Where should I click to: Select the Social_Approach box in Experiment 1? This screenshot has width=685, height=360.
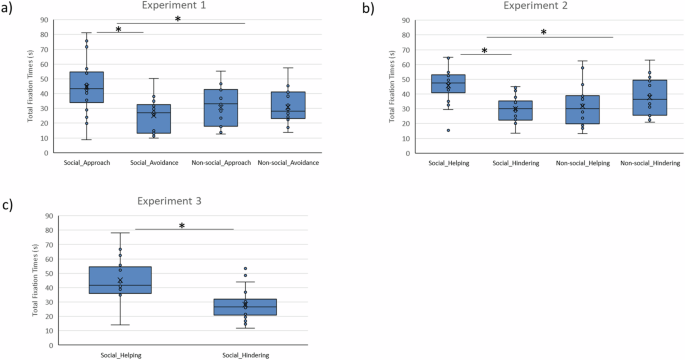(86, 87)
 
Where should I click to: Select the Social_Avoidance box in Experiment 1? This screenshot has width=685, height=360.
(152, 118)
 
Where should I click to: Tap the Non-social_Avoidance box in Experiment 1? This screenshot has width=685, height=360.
(288, 105)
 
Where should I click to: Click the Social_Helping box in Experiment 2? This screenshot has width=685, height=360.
(448, 83)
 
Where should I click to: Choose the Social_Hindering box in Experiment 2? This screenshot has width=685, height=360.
(515, 110)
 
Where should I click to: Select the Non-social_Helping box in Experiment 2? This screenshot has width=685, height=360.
(581, 109)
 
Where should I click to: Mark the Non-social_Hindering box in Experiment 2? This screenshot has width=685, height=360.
(648, 98)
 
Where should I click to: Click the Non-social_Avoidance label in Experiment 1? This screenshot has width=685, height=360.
(288, 163)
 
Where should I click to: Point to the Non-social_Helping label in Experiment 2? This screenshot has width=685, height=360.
(581, 163)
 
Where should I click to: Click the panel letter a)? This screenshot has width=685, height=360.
(8, 9)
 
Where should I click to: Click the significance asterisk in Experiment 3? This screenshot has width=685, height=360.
(181, 226)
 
